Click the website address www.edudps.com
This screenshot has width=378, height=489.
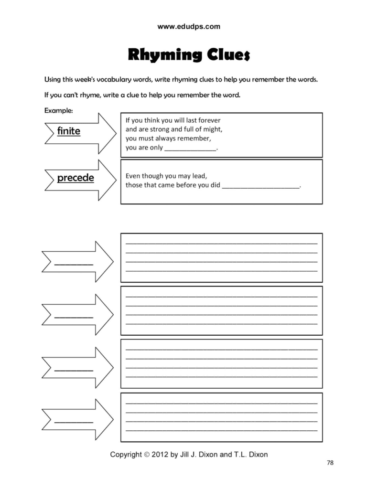[189, 27]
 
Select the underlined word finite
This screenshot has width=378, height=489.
[69, 131]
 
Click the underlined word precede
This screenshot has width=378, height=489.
[76, 178]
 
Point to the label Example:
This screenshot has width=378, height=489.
[59, 110]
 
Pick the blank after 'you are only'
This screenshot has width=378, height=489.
[190, 149]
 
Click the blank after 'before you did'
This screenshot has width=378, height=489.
[261, 185]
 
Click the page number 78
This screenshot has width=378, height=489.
[330, 462]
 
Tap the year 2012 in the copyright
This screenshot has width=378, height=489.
[160, 455]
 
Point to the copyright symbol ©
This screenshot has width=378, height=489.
[147, 455]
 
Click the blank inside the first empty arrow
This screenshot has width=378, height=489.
[74, 264]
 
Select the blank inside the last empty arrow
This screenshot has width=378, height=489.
[74, 422]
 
